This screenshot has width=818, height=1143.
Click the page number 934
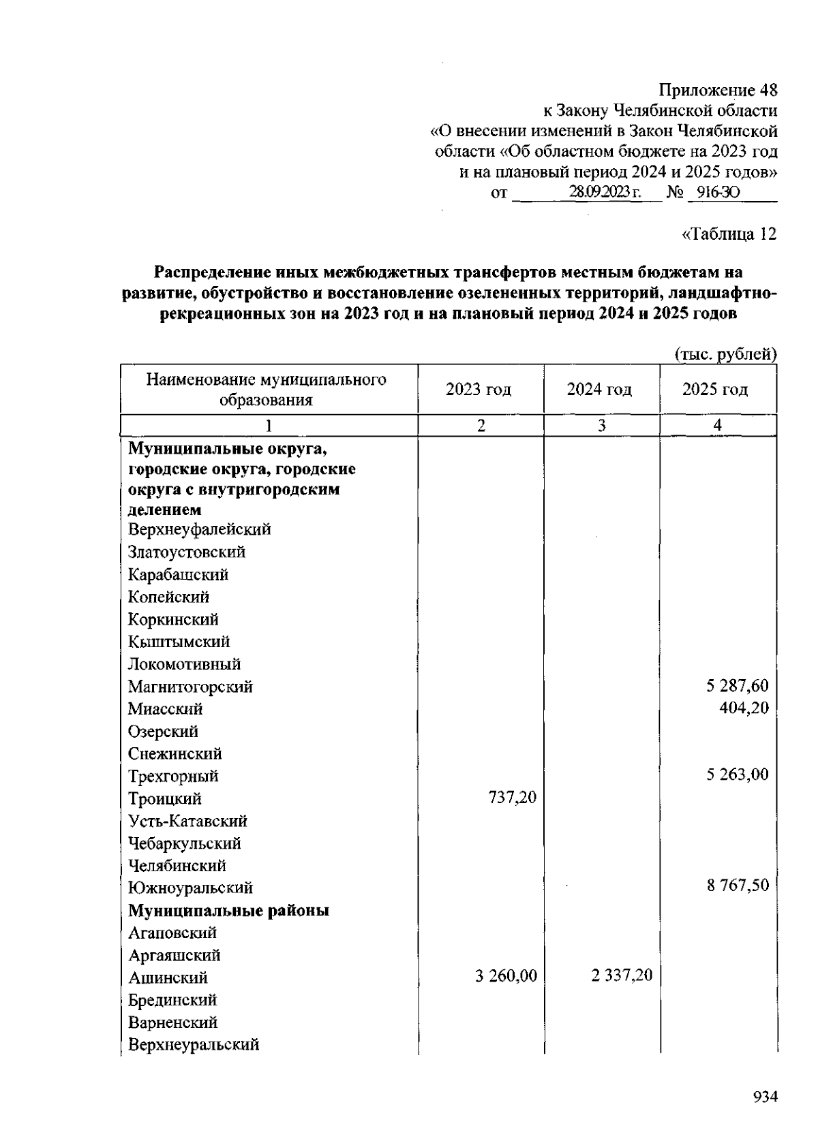pyautogui.click(x=765, y=1097)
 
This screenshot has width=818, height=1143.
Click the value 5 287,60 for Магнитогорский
pyautogui.click(x=738, y=685)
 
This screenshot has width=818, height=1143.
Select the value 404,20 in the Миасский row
pyautogui.click(x=744, y=708)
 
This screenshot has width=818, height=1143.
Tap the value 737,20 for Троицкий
pyautogui.click(x=512, y=797)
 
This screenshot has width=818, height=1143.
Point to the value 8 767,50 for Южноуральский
pyautogui.click(x=738, y=886)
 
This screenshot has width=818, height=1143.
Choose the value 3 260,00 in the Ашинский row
pyautogui.click(x=506, y=976)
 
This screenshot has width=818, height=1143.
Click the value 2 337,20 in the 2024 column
pyautogui.click(x=621, y=975)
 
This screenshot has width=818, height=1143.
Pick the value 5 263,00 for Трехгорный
pyautogui.click(x=738, y=774)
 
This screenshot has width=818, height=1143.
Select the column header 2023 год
pyautogui.click(x=479, y=390)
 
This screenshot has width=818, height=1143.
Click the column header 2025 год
pyautogui.click(x=715, y=390)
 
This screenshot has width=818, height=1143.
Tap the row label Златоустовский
pyautogui.click(x=186, y=552)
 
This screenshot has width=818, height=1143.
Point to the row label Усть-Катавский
pyautogui.click(x=187, y=821)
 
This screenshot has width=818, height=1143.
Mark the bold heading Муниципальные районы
pyautogui.click(x=228, y=911)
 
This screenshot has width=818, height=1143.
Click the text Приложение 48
pyautogui.click(x=717, y=91)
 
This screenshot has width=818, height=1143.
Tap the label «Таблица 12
pyautogui.click(x=729, y=234)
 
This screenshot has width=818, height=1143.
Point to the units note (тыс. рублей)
pyautogui.click(x=725, y=354)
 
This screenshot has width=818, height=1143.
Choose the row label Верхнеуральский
pyautogui.click(x=194, y=1044)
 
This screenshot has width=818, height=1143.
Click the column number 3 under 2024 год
pyautogui.click(x=601, y=426)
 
